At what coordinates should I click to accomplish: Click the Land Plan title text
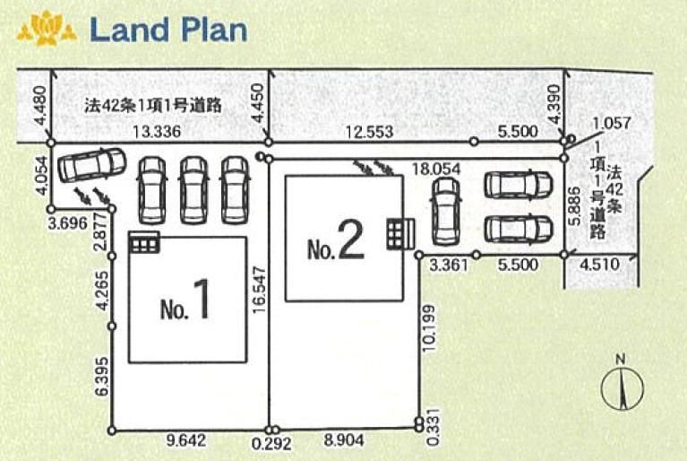(168, 30)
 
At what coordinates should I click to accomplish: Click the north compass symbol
(622, 385)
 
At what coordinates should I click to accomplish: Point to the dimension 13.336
(157, 131)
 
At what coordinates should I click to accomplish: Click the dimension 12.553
(370, 132)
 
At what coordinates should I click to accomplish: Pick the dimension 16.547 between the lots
(260, 290)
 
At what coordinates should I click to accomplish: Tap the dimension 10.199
(430, 328)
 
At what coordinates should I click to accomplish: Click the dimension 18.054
(437, 169)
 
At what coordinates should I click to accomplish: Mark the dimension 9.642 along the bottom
(185, 440)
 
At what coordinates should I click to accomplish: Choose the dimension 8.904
(344, 440)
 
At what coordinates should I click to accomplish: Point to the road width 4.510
(600, 264)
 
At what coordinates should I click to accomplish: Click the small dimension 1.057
(612, 123)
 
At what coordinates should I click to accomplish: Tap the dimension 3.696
(68, 223)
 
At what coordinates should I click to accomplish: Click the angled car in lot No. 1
(92, 165)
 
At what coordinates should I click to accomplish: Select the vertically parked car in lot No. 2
(446, 212)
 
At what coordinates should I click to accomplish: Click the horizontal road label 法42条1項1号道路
(153, 106)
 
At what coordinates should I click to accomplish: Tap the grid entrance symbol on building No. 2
(400, 234)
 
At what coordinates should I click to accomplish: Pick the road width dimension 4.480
(39, 105)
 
